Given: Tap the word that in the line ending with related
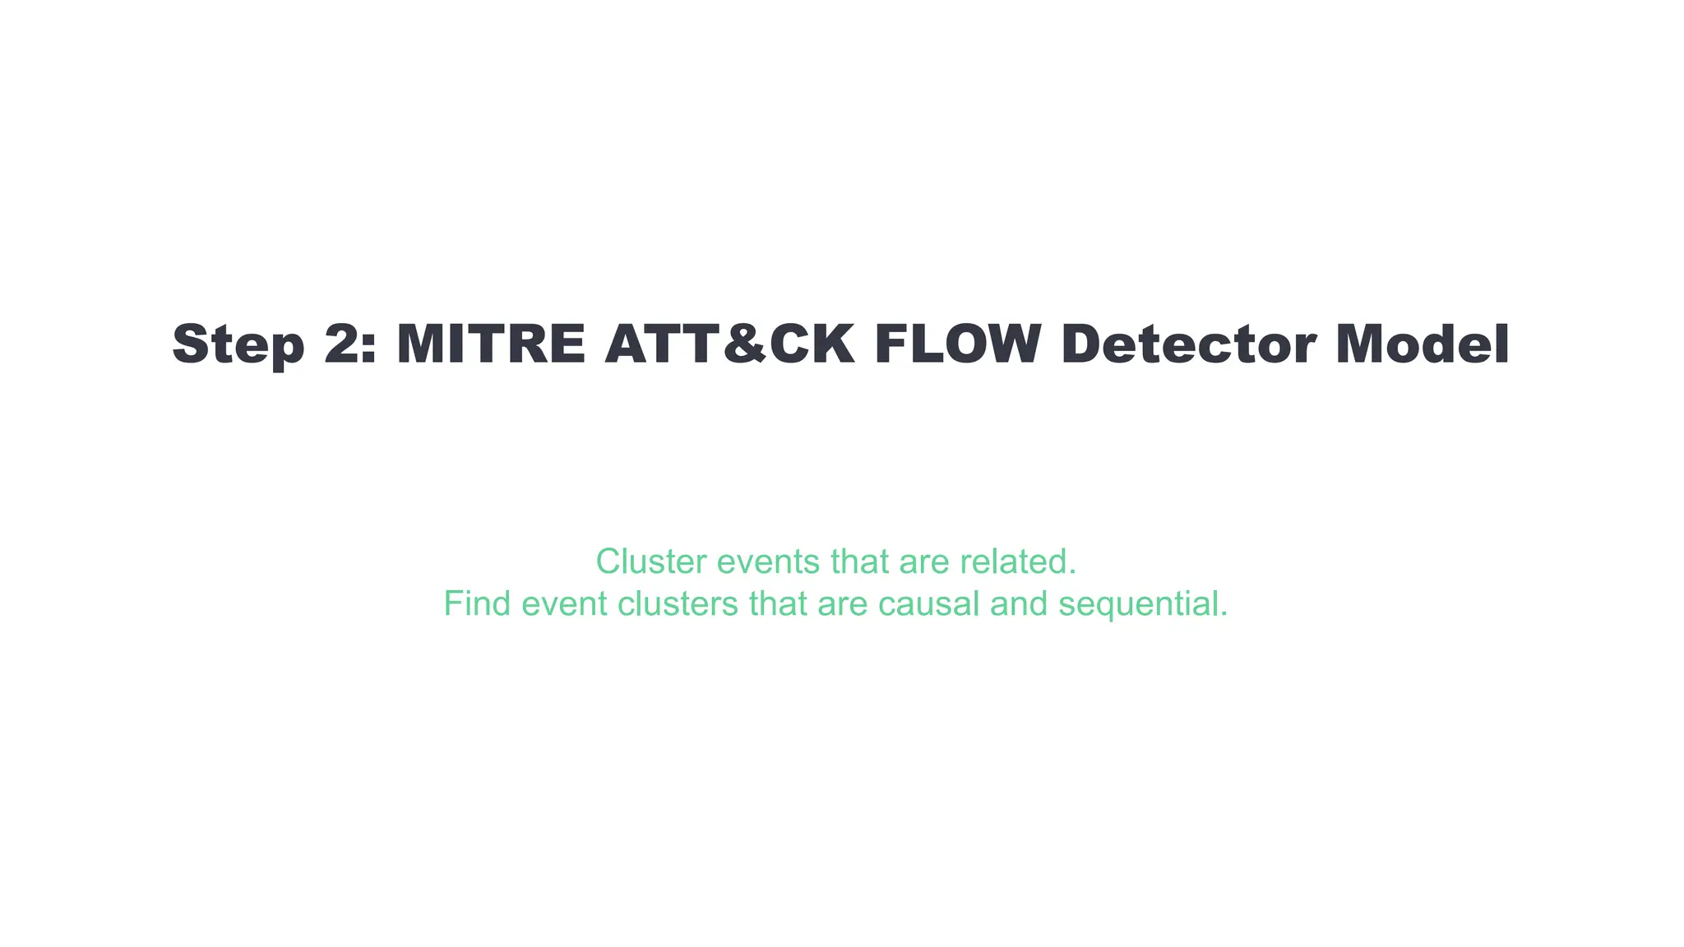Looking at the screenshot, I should pyautogui.click(x=859, y=562).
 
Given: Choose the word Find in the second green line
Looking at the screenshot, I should pyautogui.click(x=477, y=604).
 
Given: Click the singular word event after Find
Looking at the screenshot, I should pyautogui.click(x=564, y=604).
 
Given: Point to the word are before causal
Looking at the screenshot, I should pyautogui.click(x=843, y=604).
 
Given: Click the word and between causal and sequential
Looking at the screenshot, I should pyautogui.click(x=1019, y=604).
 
